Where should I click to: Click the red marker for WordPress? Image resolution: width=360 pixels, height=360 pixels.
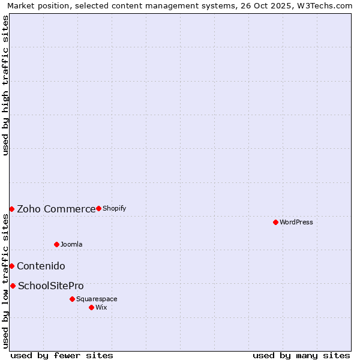(x=275, y=222)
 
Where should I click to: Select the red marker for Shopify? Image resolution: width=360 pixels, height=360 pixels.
(x=98, y=208)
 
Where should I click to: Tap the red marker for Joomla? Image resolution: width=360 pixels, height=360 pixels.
(x=56, y=244)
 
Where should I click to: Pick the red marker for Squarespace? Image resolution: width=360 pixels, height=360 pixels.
(x=72, y=299)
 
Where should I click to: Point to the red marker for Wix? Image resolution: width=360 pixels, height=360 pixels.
(x=91, y=307)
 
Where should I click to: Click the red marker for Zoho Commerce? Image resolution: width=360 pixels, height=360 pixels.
(x=11, y=209)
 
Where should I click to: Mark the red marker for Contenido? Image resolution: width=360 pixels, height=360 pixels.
(x=11, y=266)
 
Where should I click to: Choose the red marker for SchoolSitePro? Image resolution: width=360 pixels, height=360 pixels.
(x=13, y=286)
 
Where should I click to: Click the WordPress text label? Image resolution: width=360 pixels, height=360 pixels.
(x=296, y=222)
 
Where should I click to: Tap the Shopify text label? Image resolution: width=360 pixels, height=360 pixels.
(x=114, y=208)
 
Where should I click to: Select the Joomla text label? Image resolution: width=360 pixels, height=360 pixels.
(x=71, y=244)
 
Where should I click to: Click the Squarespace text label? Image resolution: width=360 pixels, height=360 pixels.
(x=97, y=299)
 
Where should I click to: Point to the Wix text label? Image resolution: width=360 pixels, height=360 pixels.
(x=101, y=307)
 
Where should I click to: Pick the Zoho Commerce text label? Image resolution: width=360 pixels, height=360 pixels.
(x=56, y=209)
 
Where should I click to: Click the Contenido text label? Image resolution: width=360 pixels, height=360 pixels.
(x=41, y=266)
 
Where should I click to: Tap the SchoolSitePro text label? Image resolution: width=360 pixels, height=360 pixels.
(x=51, y=286)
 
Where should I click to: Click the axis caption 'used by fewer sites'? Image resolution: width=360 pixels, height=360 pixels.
(x=62, y=355)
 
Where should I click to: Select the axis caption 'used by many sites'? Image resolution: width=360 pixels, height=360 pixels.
(x=301, y=355)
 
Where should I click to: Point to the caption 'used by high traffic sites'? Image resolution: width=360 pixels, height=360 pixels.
(x=5, y=85)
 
